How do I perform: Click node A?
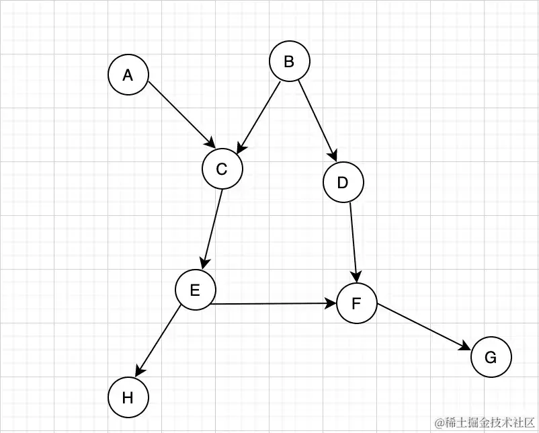click(128, 75)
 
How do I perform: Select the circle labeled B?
click(289, 62)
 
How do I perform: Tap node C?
click(222, 169)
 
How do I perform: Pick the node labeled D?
click(343, 183)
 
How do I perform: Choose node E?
click(195, 290)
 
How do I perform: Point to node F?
click(356, 304)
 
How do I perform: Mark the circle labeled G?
click(491, 358)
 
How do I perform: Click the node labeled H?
click(128, 398)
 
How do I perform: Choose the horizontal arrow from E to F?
click(273, 304)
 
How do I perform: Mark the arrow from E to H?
click(159, 340)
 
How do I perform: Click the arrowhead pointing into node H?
click(139, 370)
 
